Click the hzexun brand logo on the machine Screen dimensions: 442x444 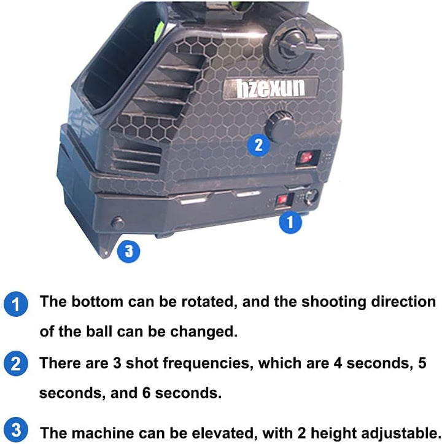pyautogui.click(x=271, y=88)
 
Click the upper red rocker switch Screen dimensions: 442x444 pyautogui.click(x=307, y=157)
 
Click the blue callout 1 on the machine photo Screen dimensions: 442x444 pyautogui.click(x=290, y=222)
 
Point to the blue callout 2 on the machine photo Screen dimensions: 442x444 pyautogui.click(x=258, y=145)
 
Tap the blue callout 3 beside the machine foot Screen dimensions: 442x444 pyautogui.click(x=128, y=251)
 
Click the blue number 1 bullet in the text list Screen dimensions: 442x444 pyautogui.click(x=16, y=304)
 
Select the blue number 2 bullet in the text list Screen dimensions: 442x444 pyautogui.click(x=16, y=364)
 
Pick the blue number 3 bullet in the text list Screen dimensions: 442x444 pyautogui.click(x=16, y=430)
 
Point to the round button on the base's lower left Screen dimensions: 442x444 pyautogui.click(x=118, y=223)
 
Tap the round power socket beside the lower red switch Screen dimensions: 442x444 pyautogui.click(x=311, y=197)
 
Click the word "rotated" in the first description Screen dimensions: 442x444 pyautogui.click(x=209, y=302)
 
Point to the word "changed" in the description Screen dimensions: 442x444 pyautogui.click(x=204, y=331)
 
